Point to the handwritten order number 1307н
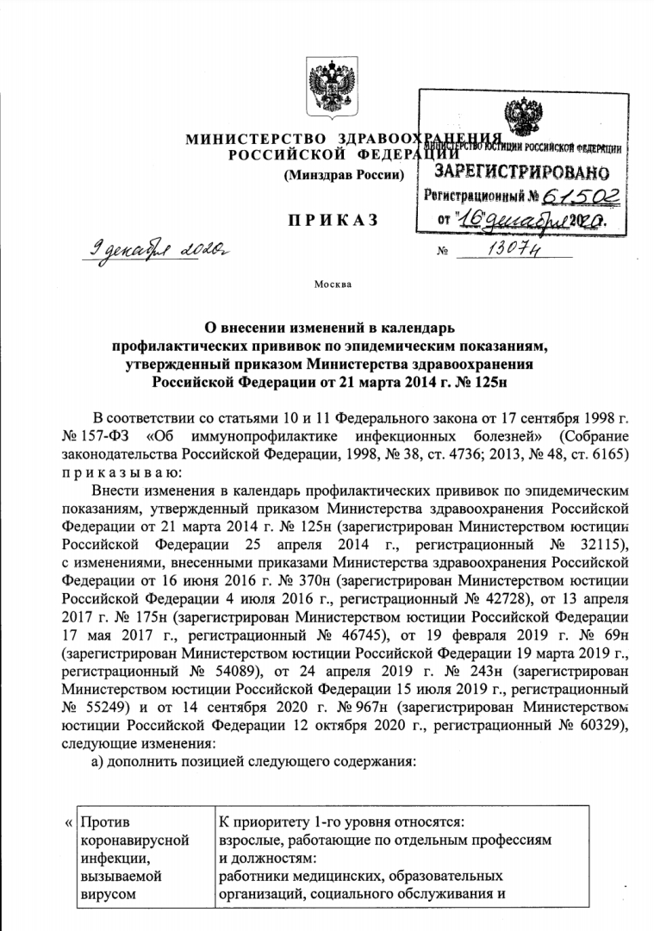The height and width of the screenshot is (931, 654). pyautogui.click(x=515, y=250)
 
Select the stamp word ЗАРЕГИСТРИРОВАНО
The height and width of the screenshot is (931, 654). pyautogui.click(x=520, y=172)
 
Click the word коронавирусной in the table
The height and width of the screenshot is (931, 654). pyautogui.click(x=134, y=840)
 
